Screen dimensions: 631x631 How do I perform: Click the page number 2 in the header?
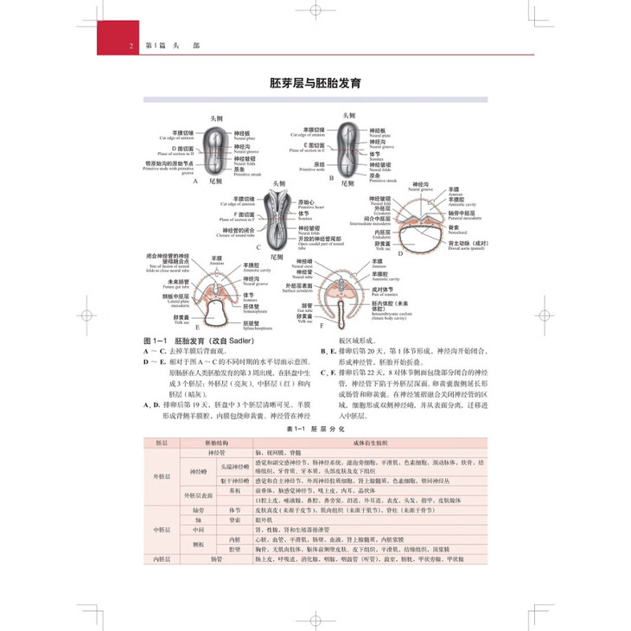[x=130, y=46]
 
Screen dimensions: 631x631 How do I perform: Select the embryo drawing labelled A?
[x=216, y=150]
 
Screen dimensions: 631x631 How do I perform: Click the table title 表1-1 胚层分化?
[x=315, y=429]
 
